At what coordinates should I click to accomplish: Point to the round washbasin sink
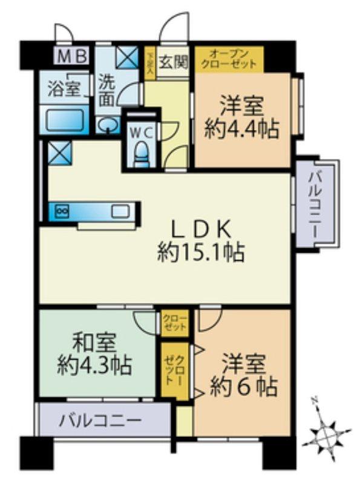point(107,126)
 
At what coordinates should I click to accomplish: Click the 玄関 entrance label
point(174,61)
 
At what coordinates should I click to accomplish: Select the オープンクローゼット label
point(229,59)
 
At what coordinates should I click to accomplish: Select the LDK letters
point(200,229)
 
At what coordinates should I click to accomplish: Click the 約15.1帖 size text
point(200,252)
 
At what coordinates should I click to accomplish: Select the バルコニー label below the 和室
point(100,420)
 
